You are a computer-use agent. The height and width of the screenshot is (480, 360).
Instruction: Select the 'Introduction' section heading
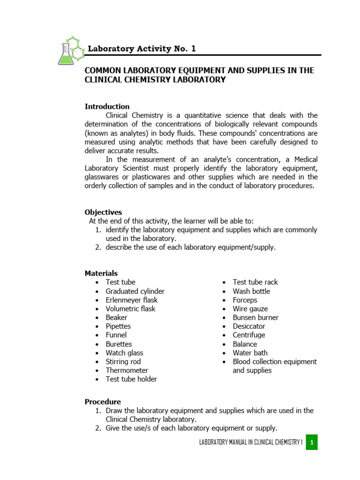107,106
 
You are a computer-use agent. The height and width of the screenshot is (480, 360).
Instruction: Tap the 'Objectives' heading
103,212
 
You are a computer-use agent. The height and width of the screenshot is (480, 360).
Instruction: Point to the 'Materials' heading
101,273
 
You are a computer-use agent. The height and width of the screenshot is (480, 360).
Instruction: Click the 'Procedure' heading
103,402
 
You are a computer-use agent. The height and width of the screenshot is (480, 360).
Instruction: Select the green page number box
312,442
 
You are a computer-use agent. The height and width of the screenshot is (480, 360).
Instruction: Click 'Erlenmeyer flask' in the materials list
132,300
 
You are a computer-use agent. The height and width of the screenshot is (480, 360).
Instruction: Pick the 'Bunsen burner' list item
255,317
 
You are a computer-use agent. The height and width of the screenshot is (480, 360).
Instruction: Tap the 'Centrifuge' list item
249,335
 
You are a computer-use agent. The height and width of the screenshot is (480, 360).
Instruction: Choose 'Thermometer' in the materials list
127,370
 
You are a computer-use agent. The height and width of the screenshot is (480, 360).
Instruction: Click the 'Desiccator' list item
249,326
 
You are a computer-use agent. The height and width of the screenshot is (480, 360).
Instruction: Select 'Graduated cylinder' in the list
135,291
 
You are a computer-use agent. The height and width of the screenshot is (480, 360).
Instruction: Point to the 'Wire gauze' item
250,309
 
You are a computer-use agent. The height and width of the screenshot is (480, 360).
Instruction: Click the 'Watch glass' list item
125,353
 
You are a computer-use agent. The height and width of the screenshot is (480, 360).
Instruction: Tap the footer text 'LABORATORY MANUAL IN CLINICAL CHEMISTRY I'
251,442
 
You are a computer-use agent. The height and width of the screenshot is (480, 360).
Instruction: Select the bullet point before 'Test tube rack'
224,282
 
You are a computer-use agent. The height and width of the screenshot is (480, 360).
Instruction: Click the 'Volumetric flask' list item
130,309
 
